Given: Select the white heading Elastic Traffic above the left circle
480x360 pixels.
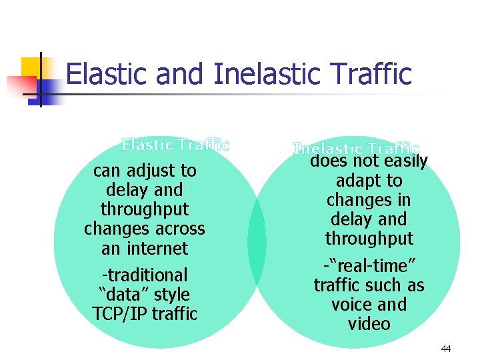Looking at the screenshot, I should tap(175, 144).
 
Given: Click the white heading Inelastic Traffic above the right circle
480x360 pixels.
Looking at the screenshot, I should tap(357, 149).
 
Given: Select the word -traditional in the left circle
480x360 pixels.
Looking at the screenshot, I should tap(145, 275).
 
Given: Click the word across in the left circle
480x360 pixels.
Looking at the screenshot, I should tap(178, 229).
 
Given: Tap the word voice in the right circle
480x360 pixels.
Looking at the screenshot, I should tap(352, 305).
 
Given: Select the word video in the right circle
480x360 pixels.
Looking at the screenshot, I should tap(369, 324).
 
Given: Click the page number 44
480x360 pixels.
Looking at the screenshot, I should tap(445, 349).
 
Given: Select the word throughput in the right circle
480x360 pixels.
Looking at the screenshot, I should tap(369, 239).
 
